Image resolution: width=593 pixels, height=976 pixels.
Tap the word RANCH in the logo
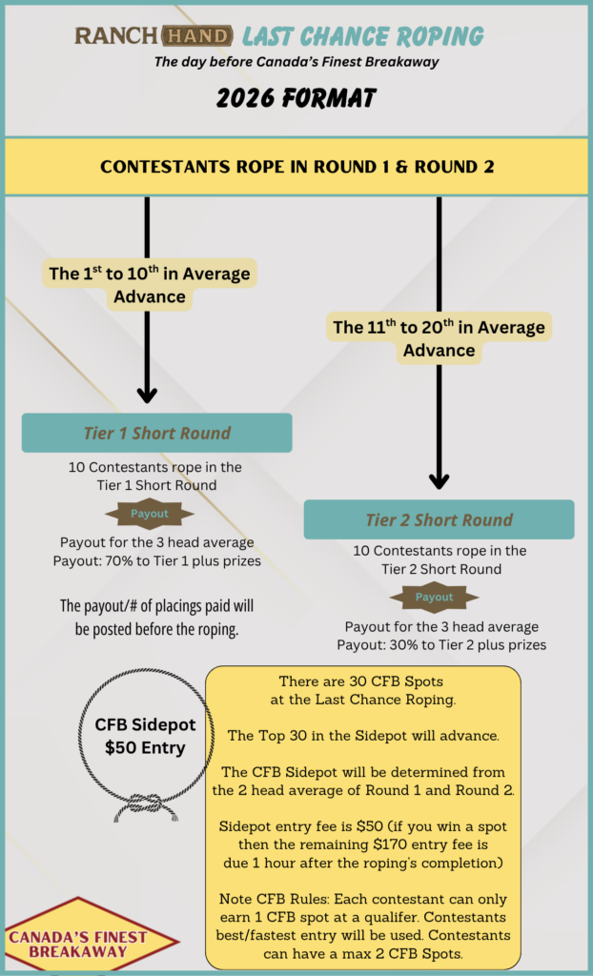[117, 36]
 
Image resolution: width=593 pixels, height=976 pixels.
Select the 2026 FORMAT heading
[296, 98]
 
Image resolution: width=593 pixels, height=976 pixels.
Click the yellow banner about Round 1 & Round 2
[296, 167]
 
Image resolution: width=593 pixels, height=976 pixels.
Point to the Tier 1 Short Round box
[157, 433]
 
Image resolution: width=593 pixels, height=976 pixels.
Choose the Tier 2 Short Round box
[440, 519]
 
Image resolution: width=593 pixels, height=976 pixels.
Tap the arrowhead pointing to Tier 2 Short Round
[440, 480]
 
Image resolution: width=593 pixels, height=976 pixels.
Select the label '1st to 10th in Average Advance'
[150, 285]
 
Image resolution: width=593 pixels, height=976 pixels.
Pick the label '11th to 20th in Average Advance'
[440, 338]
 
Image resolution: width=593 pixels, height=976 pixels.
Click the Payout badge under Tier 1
[150, 514]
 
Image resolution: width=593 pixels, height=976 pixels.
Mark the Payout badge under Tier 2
[434, 598]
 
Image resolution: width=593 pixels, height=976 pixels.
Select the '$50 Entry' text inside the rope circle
[145, 747]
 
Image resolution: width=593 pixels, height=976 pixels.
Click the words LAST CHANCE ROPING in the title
[362, 37]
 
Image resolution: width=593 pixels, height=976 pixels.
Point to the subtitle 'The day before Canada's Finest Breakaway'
[297, 62]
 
